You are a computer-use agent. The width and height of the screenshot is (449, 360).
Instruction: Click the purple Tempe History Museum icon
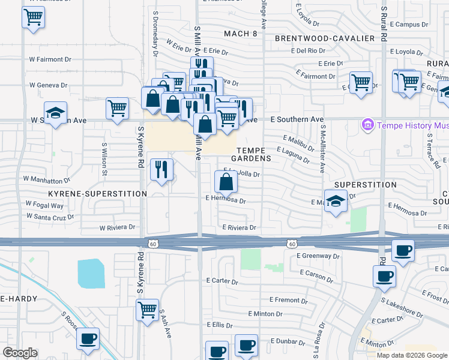point(367,125)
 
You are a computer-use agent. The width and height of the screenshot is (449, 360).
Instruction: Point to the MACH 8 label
point(240,34)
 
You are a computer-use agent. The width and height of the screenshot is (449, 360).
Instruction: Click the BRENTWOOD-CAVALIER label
point(325,38)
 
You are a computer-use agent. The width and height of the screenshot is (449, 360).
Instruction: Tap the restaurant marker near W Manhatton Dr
point(160,169)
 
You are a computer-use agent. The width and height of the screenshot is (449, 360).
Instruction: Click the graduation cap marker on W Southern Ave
point(55,113)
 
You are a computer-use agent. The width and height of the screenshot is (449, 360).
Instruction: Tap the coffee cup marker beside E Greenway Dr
point(403,250)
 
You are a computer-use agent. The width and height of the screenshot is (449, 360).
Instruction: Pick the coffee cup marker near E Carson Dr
point(384,276)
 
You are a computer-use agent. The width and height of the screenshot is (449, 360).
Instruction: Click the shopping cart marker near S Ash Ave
point(147,310)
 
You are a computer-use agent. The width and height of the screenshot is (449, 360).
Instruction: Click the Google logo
point(20,353)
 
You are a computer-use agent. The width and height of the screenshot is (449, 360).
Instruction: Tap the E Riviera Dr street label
point(239,228)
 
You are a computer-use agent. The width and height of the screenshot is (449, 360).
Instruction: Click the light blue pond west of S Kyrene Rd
point(90,273)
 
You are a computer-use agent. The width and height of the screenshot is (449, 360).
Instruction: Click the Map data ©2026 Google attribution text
point(411,355)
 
